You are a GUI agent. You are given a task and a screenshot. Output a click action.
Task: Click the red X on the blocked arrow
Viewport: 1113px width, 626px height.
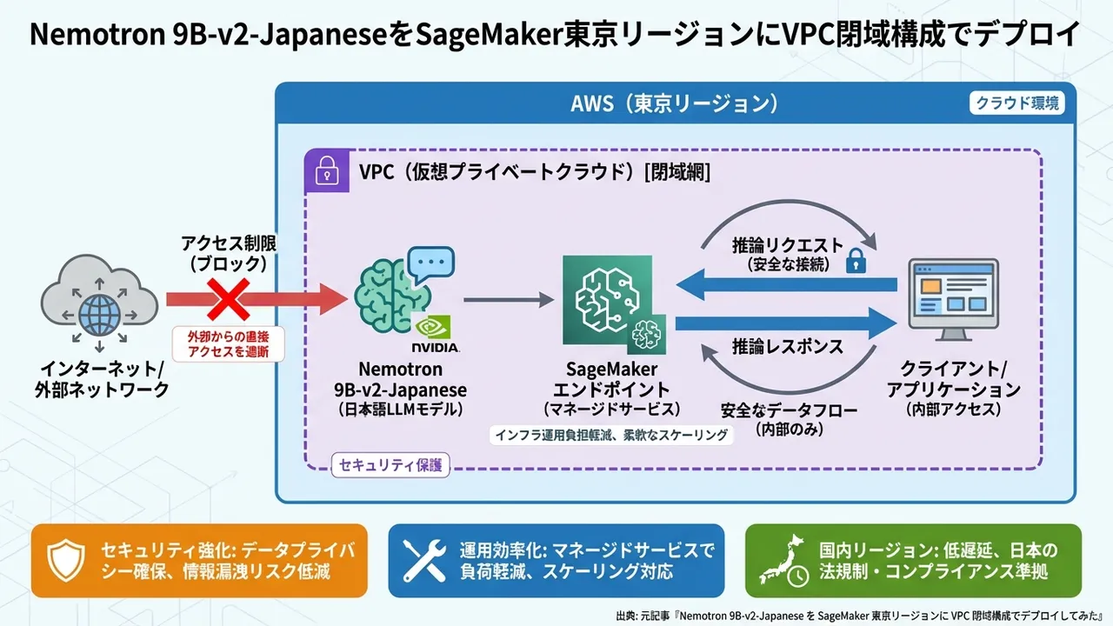pos(228,299)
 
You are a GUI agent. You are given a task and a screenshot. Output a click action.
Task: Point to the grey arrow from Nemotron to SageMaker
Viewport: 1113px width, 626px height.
pos(508,300)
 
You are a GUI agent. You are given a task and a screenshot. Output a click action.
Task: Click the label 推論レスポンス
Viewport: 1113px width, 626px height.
pos(788,346)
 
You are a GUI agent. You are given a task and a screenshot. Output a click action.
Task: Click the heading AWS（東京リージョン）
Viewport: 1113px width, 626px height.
pos(674,104)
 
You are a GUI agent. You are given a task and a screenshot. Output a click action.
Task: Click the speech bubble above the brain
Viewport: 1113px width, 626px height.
pos(431,262)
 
